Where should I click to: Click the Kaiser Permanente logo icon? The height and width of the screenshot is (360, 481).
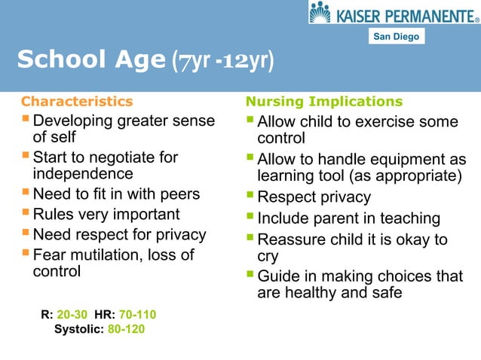pos(320,13)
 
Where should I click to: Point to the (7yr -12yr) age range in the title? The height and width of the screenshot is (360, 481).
pos(223,60)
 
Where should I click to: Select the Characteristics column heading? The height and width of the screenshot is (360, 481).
pos(77,101)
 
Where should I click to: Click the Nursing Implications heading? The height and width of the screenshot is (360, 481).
pos(324,101)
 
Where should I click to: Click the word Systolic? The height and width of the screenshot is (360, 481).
pos(79,329)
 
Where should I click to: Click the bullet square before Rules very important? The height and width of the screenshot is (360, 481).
pos(26,213)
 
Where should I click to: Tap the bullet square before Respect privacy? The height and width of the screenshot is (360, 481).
pos(250,197)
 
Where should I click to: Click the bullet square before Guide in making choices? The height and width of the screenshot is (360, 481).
pos(250,275)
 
